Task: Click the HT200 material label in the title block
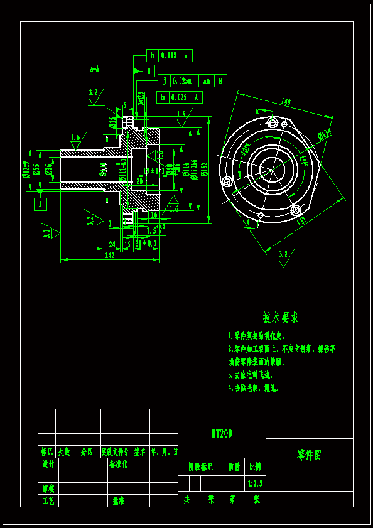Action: tap(222, 433)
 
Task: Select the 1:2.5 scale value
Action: tap(255, 483)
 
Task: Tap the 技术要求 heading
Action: tap(281, 318)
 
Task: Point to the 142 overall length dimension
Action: tap(110, 255)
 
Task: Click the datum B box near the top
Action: tap(149, 71)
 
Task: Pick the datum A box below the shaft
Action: tap(40, 204)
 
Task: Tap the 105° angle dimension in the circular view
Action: tap(244, 149)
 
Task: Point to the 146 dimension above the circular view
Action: tap(286, 102)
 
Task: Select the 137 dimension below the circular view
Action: tap(301, 221)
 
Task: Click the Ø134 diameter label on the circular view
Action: tap(324, 134)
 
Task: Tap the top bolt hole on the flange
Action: tap(271, 122)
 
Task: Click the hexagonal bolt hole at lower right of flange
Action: tap(296, 209)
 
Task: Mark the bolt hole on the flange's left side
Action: tap(227, 182)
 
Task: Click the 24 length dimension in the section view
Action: tap(112, 244)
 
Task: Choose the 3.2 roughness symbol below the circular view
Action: tap(283, 254)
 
